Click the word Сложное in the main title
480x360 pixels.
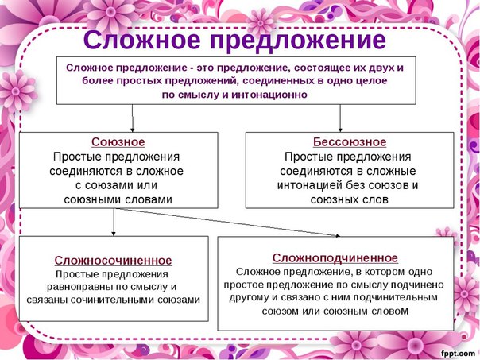tap(142, 40)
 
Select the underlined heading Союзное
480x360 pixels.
tap(118, 142)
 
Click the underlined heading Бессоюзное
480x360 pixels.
tap(350, 142)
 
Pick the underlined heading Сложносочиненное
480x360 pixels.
tap(114, 261)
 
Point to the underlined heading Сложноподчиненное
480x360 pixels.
tap(335, 258)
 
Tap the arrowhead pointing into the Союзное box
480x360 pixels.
tap(132, 130)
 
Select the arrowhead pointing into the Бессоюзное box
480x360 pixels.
tap(340, 130)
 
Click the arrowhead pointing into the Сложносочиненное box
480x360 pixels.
tap(114, 234)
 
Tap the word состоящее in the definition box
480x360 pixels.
tap(317, 68)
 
